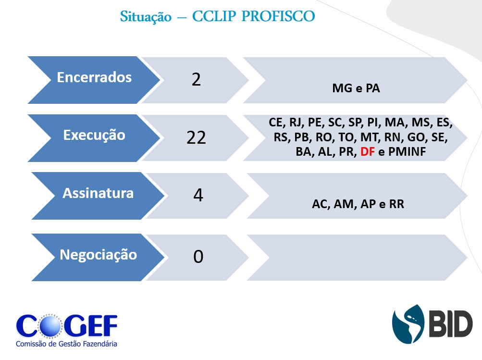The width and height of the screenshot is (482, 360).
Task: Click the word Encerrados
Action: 94,77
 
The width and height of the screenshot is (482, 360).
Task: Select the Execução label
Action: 94,135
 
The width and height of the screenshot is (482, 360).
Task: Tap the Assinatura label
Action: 98,193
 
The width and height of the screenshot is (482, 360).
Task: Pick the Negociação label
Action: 99,255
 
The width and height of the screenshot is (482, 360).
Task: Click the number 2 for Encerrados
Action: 196,80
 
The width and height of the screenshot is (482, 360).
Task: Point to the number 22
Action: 196,138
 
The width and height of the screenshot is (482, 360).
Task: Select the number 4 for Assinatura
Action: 198,195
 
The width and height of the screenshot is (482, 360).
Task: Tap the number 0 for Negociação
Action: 198,257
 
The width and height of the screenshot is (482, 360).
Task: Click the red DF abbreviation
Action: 367,151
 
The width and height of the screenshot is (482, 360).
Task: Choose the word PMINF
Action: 407,151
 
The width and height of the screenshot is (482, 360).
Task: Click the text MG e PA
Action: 356,88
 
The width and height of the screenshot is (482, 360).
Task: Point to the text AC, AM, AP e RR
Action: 358,204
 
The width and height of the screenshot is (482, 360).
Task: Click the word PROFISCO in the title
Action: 278,16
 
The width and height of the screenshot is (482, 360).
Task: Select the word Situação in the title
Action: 146,17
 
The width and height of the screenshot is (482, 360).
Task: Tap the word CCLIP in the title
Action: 214,16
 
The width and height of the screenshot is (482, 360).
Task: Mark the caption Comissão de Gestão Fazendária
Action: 66,344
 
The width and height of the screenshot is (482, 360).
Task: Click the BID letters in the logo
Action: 450,323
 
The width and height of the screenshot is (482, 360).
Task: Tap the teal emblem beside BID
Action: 408,324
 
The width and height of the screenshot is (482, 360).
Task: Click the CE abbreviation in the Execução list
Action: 276,123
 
